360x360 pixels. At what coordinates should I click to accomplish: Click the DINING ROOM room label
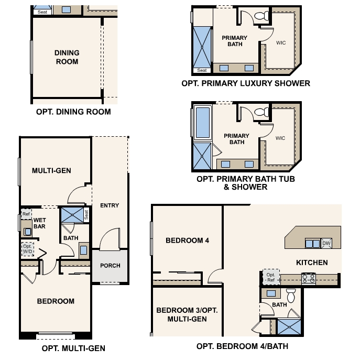pyautogui.click(x=67, y=57)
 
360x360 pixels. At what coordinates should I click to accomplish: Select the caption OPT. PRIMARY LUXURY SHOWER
pyautogui.click(x=245, y=83)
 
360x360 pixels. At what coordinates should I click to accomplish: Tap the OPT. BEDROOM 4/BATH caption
pyautogui.click(x=242, y=346)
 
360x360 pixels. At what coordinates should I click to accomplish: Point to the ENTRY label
pyautogui.click(x=109, y=205)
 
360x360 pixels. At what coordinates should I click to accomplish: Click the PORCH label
pyautogui.click(x=110, y=266)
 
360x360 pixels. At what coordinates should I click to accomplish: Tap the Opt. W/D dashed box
pyautogui.click(x=27, y=248)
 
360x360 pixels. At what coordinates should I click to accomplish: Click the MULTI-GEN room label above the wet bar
pyautogui.click(x=51, y=171)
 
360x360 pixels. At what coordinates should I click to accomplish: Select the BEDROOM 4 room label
pyautogui.click(x=187, y=241)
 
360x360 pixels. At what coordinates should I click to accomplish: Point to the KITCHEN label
pyautogui.click(x=312, y=263)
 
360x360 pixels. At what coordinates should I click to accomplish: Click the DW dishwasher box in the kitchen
pyautogui.click(x=326, y=243)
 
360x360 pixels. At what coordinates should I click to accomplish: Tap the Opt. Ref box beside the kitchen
pyautogui.click(x=270, y=278)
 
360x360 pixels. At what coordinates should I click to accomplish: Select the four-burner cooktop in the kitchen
pyautogui.click(x=308, y=279)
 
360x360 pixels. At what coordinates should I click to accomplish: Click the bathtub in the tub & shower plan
pyautogui.click(x=202, y=122)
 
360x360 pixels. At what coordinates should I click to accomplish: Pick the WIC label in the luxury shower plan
pyautogui.click(x=280, y=43)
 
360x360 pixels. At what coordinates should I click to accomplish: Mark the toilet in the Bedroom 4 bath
pyautogui.click(x=292, y=295)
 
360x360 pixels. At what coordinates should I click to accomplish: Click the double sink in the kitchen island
pyautogui.click(x=313, y=243)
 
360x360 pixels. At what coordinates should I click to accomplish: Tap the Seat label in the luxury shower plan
pyautogui.click(x=202, y=70)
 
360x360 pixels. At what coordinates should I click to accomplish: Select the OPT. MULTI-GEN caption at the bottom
pyautogui.click(x=73, y=348)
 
